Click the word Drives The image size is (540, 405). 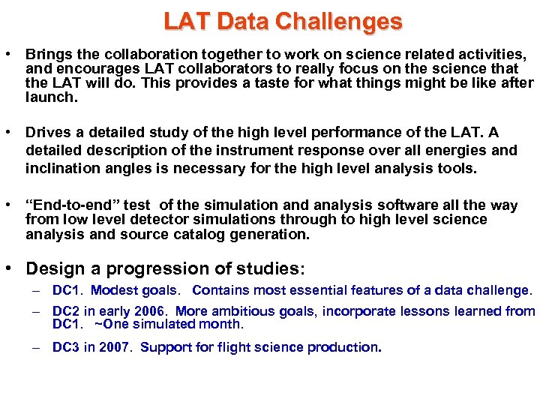(x=48, y=133)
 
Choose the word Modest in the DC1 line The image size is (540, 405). (x=114, y=290)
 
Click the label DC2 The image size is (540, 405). (x=65, y=311)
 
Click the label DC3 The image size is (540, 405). (x=65, y=347)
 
